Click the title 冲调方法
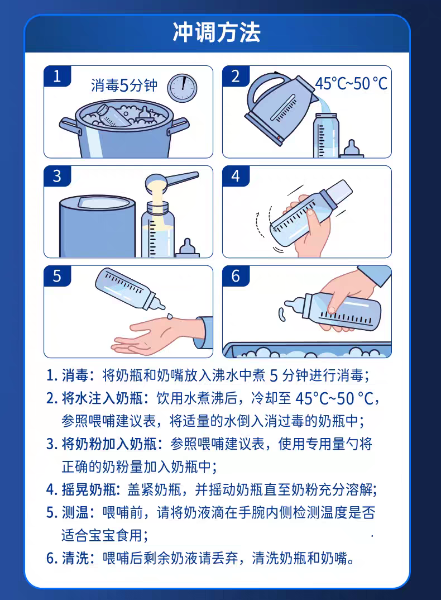[x=217, y=32]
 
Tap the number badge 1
[x=57, y=76]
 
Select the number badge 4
[x=236, y=176]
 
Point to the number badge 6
[x=236, y=276]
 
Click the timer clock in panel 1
[x=182, y=88]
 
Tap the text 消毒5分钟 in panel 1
[x=124, y=85]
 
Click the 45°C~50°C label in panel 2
[x=351, y=83]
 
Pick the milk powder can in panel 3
[x=97, y=226]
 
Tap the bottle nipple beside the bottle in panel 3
[x=188, y=249]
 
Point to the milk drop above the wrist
[x=169, y=316]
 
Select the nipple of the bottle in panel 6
[x=294, y=306]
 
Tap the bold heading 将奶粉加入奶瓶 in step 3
[x=109, y=444]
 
